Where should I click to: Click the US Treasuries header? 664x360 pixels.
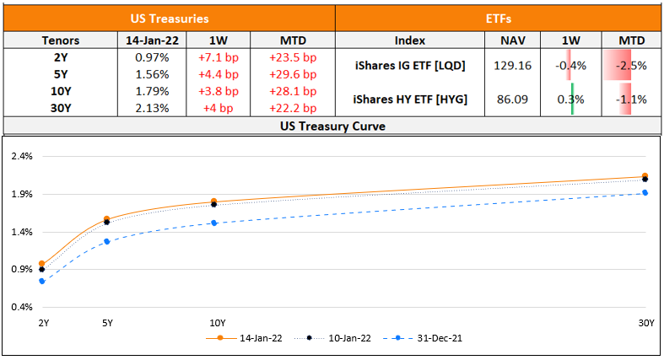point(170,18)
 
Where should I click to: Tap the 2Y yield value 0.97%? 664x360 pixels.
point(152,57)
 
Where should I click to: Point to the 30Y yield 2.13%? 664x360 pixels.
point(152,108)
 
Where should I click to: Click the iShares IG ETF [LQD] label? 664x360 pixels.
point(410,65)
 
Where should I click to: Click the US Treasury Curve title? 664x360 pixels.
point(332,126)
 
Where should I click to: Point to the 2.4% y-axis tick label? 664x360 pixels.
point(21,156)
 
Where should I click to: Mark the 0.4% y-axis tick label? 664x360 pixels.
point(21,307)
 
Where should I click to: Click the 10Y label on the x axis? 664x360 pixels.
point(217,323)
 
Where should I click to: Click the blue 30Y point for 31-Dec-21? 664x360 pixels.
point(645,193)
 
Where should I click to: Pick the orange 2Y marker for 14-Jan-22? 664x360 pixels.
point(41,264)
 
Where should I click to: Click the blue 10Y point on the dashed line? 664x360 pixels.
point(214,223)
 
